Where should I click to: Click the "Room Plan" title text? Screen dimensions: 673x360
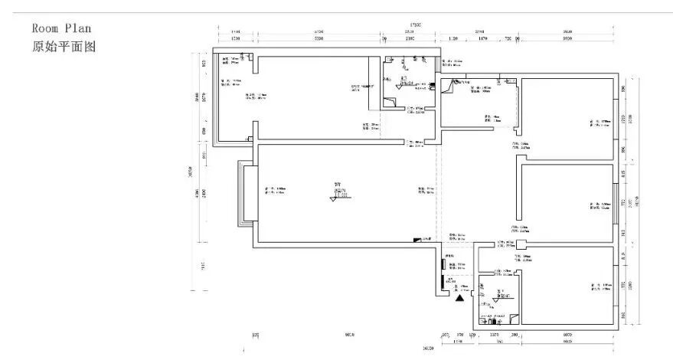click(61, 28)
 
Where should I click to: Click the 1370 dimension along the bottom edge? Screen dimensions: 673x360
click(495, 335)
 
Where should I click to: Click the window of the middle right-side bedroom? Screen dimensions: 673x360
click(616, 205)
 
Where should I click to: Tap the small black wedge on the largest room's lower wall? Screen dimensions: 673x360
click(417, 240)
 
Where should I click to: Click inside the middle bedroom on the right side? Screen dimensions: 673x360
click(567, 203)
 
